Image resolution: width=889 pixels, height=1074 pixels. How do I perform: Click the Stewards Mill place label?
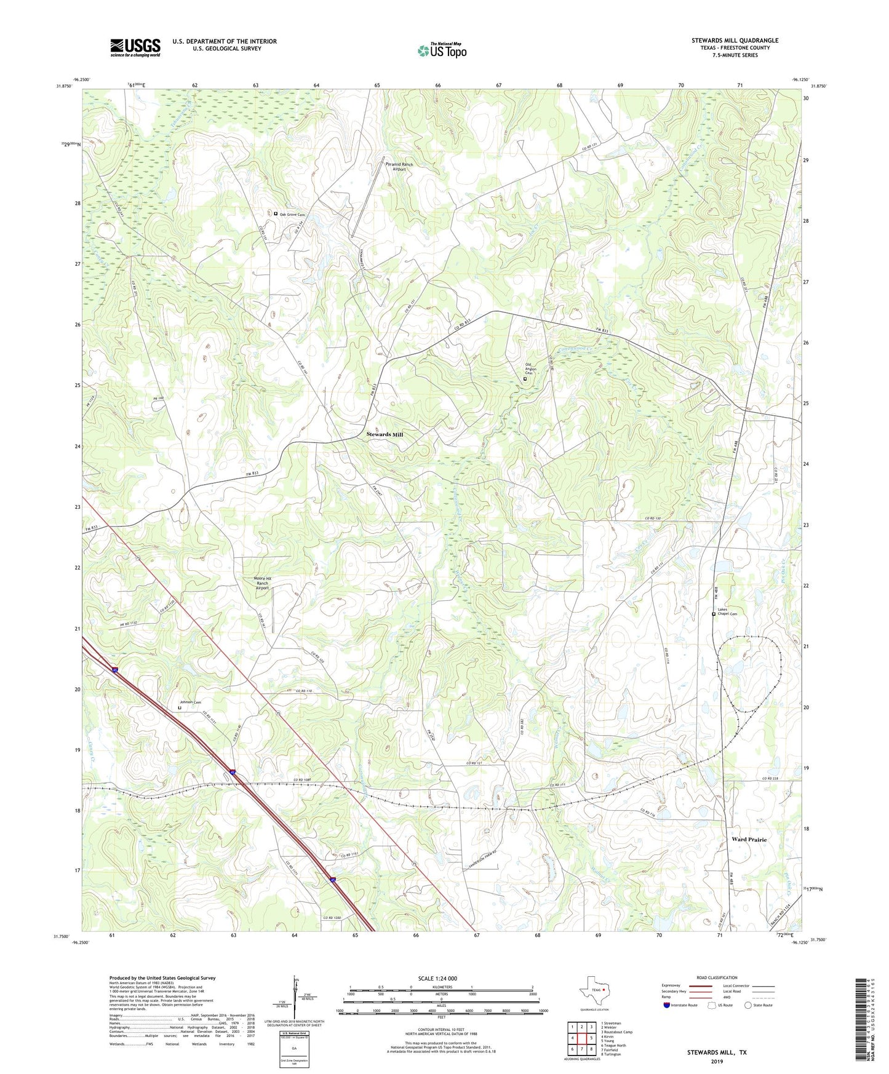tap(385, 434)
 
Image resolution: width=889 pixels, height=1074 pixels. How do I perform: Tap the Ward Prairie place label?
tap(749, 839)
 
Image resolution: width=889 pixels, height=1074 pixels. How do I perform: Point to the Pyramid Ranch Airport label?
tap(399, 167)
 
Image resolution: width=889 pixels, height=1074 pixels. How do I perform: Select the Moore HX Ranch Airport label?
tap(262, 583)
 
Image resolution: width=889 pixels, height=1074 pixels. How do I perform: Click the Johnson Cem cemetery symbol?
tap(180, 707)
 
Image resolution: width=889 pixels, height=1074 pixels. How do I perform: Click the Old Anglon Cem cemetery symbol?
tap(525, 379)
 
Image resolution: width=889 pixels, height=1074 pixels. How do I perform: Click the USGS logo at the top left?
tap(135, 47)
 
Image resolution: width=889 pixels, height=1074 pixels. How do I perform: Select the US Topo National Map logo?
tap(442, 50)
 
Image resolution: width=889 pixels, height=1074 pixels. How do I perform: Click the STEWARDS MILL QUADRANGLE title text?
tap(735, 41)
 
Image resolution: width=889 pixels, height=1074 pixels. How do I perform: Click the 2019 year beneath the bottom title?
tap(717, 1061)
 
